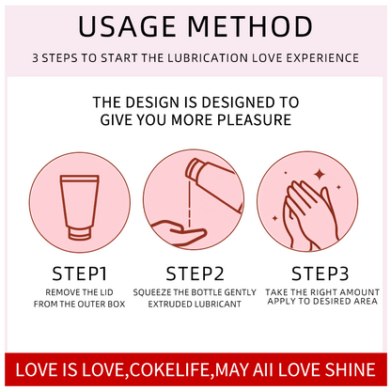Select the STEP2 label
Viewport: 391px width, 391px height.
click(195, 275)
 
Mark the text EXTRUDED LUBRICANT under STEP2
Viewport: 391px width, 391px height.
click(195, 305)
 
